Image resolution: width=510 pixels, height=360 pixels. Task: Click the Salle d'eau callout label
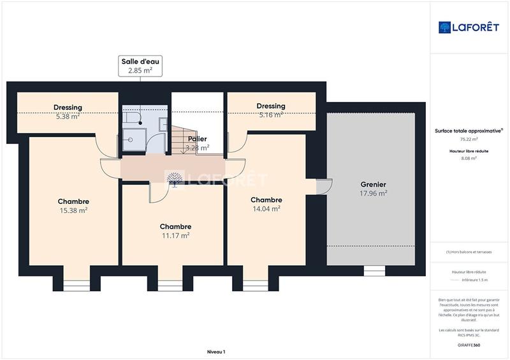141,66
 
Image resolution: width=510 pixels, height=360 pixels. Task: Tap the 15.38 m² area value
73,210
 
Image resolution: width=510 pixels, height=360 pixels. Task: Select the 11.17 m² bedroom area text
175,235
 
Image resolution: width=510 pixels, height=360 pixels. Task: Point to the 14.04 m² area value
266,208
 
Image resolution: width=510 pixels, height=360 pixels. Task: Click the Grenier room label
373,185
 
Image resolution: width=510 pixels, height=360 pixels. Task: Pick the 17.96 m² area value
373,193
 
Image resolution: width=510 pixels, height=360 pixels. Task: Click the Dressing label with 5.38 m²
68,108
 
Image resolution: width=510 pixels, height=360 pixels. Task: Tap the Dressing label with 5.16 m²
270,106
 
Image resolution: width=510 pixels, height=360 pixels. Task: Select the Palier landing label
197,138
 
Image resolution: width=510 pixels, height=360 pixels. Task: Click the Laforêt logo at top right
469,27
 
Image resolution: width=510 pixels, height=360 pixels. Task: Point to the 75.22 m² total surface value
469,139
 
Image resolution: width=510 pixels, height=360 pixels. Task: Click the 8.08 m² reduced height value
469,159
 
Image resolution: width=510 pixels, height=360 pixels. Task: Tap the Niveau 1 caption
216,351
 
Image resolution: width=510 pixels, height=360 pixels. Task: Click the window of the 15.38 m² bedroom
76,285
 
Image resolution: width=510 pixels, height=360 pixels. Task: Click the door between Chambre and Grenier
324,187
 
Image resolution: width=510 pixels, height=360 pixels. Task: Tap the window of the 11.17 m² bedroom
170,285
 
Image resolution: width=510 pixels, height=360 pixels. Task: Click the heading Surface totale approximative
469,131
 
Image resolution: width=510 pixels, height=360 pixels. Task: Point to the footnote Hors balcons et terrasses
469,252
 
